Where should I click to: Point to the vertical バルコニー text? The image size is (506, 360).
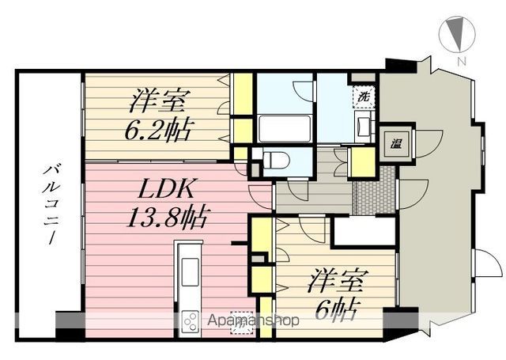[x=49, y=203]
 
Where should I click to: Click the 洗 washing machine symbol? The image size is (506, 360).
[x=364, y=96]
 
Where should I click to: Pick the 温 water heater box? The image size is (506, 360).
[x=393, y=143]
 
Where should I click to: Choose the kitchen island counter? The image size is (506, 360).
[x=190, y=274]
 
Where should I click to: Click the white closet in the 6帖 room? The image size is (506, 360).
[x=363, y=232]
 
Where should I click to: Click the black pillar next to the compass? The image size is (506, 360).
[x=400, y=64]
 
